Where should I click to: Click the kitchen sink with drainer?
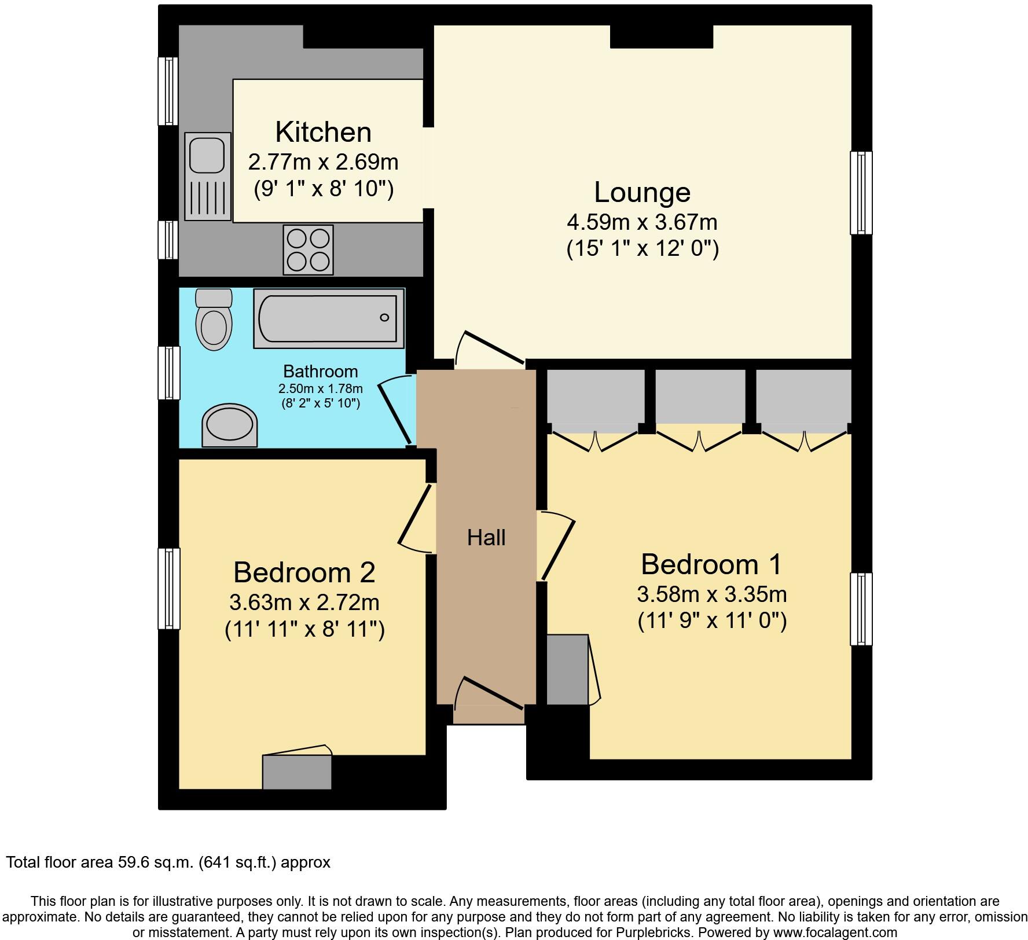(x=208, y=176)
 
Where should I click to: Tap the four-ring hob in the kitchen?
(x=308, y=249)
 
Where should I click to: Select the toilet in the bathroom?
(x=214, y=320)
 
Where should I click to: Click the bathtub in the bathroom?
(x=328, y=318)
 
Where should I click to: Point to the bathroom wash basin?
(x=230, y=426)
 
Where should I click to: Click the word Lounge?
(x=642, y=193)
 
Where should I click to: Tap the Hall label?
(x=486, y=538)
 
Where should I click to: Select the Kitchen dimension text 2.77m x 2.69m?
(x=323, y=162)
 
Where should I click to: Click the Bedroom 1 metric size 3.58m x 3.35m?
(x=711, y=594)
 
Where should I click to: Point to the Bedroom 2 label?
(x=304, y=572)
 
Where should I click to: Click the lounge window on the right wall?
(x=861, y=193)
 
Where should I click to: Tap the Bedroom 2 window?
(x=169, y=589)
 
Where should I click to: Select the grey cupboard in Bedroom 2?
(x=297, y=772)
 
